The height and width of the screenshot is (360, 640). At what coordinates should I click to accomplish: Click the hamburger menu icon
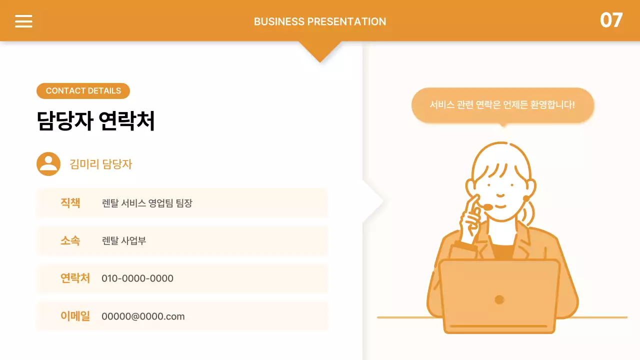pos(23,21)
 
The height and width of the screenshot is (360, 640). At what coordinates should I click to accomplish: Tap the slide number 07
pos(611,20)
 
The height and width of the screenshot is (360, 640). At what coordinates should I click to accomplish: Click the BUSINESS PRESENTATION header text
pos(320,21)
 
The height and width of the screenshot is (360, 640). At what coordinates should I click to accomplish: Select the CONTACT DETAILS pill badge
pos(83,91)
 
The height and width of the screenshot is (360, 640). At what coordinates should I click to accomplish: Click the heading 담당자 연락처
pos(95,121)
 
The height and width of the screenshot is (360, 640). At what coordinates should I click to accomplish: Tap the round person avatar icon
pos(48,163)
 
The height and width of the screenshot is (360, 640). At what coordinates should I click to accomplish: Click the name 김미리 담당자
pos(100,164)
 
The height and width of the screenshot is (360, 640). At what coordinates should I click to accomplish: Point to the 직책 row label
pos(70,203)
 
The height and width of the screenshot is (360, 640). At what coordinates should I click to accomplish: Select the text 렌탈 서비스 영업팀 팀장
pos(147,203)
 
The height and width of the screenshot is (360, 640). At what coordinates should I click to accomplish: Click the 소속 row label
pos(70,240)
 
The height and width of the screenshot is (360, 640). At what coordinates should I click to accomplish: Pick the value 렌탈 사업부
pos(123,241)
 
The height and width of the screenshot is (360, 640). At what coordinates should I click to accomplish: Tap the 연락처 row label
pos(75,278)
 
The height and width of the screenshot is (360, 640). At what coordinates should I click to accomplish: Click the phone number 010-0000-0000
pos(137,278)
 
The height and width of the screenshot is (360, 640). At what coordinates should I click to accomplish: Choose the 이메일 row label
pos(75,316)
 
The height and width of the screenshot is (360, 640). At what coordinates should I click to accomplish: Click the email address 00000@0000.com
pos(143,316)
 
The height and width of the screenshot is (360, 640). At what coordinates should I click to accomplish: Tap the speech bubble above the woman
pos(502,105)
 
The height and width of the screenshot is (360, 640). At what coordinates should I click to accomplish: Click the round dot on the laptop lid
pos(499,299)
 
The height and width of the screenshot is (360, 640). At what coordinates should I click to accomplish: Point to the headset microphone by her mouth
pos(487,207)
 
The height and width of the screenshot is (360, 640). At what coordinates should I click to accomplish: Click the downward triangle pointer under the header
pos(320,50)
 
